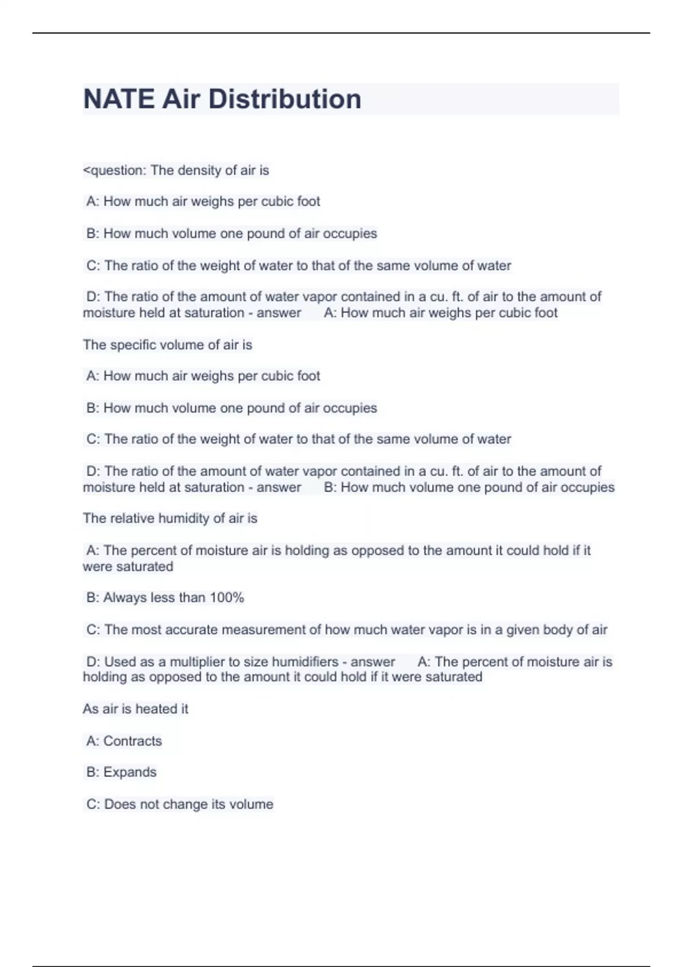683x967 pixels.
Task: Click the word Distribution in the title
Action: [x=285, y=99]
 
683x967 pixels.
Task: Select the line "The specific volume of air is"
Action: [x=167, y=345]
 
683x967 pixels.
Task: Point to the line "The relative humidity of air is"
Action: [x=170, y=518]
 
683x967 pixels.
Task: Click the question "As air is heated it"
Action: [x=135, y=709]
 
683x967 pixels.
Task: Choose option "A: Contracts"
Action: [x=124, y=741]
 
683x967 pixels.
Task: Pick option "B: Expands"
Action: [x=121, y=772]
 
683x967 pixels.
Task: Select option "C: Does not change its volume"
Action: [x=180, y=804]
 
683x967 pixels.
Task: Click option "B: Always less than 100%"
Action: [x=165, y=597]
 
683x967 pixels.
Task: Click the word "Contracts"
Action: [x=133, y=741]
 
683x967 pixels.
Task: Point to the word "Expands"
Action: [x=130, y=772]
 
